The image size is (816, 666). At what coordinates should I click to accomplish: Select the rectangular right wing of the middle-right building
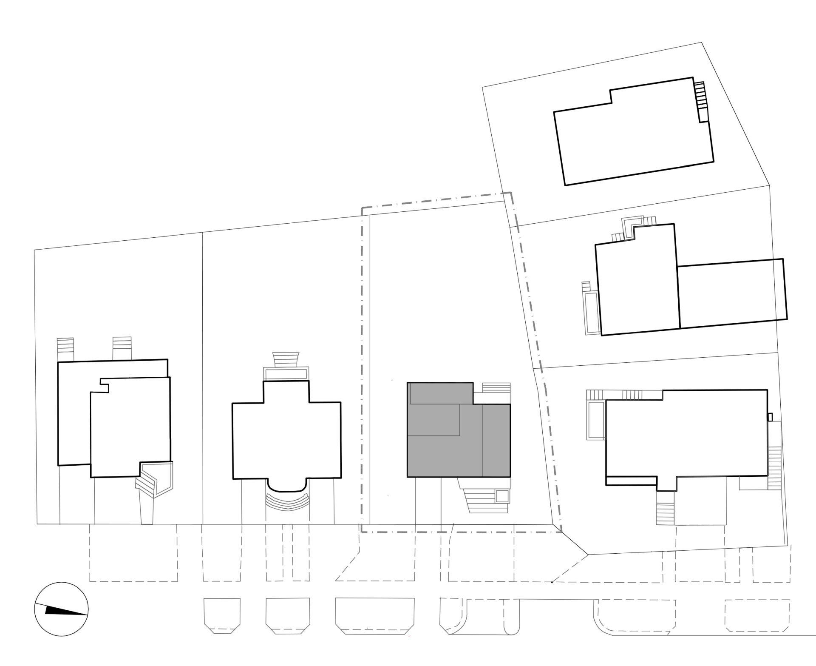coord(731,293)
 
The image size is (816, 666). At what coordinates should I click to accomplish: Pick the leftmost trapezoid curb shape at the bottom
coord(222,615)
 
